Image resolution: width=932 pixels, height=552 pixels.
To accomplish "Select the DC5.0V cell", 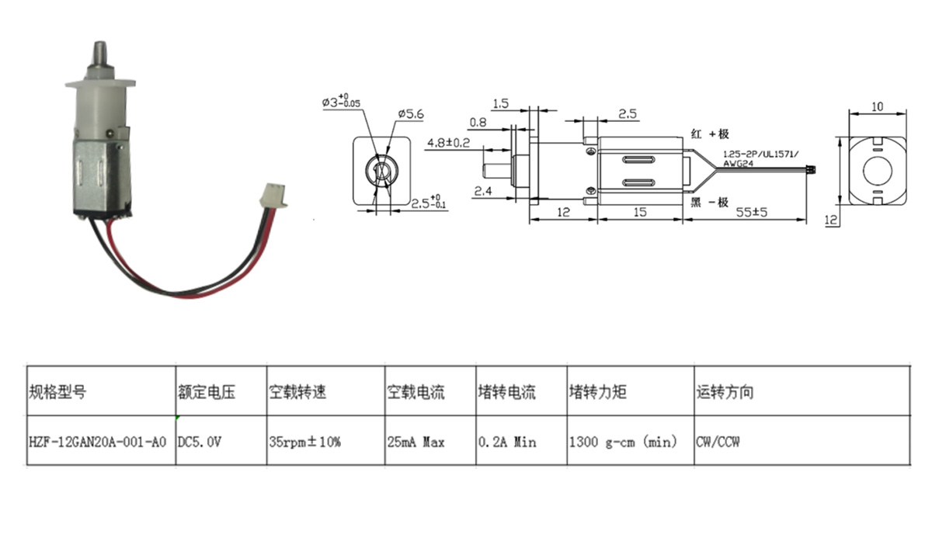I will (x=201, y=442).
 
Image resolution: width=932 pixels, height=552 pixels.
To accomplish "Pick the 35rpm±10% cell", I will (x=304, y=442).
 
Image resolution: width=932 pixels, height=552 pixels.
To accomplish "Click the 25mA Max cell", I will (x=416, y=442).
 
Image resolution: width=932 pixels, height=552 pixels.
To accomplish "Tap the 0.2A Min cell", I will (x=508, y=442).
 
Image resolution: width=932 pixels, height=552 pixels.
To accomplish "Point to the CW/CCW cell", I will (x=718, y=442).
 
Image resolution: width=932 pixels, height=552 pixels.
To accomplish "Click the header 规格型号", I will (x=57, y=392).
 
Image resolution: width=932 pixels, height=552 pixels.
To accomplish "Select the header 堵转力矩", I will (x=597, y=392).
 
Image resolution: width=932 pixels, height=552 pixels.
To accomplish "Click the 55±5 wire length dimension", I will (x=752, y=212).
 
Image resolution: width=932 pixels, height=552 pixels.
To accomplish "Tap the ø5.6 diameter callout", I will (x=409, y=114).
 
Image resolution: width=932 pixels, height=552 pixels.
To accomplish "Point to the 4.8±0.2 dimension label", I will (x=448, y=142).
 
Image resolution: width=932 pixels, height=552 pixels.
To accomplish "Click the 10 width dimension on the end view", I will (x=877, y=106).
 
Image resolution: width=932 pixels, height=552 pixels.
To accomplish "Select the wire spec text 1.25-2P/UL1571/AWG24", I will (x=760, y=158).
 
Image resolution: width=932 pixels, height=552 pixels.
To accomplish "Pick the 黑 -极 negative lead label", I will (x=709, y=203).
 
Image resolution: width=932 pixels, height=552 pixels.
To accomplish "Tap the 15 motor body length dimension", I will (x=639, y=212).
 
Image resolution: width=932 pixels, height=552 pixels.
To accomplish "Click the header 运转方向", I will (x=725, y=392).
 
